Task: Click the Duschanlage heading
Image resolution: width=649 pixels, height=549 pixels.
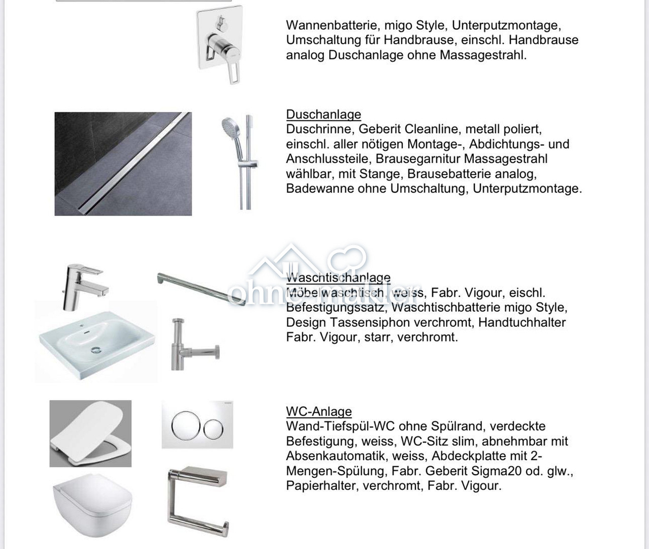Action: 323,114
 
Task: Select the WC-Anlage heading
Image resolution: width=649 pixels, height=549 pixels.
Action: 318,411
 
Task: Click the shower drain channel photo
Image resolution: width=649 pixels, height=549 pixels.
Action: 123,164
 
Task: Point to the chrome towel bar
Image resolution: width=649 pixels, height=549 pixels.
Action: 200,288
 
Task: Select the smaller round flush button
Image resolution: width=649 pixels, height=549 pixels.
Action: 213,429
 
